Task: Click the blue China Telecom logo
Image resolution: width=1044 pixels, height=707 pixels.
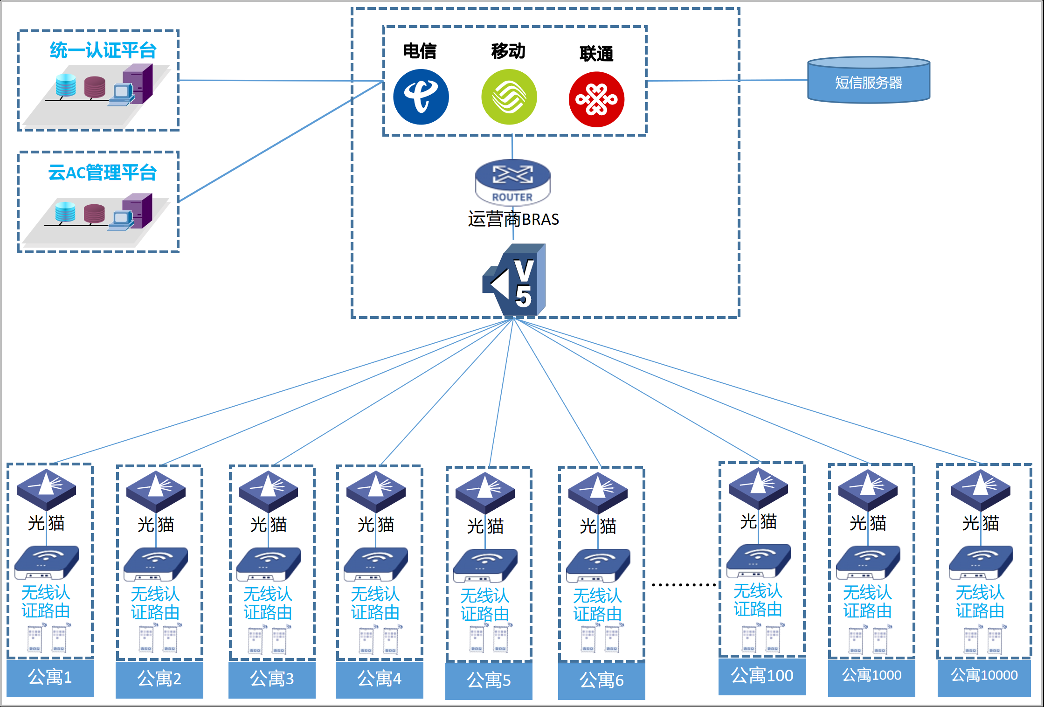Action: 421,97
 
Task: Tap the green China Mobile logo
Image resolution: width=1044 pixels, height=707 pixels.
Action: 509,97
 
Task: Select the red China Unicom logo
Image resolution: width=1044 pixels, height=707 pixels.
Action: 596,99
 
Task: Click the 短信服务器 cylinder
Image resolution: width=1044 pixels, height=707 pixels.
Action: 868,80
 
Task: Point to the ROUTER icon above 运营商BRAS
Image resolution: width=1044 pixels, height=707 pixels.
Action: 512,182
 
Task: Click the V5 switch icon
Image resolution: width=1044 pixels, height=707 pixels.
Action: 516,280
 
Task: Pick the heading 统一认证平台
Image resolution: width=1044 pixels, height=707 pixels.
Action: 103,50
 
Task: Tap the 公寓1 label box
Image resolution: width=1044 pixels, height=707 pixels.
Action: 50,677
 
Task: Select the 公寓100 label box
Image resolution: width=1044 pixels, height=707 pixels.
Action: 762,675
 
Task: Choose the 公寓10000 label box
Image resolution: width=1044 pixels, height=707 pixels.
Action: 984,675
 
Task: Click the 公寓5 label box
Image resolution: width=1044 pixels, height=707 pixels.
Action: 489,680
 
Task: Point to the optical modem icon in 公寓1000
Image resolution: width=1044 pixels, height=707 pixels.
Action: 868,490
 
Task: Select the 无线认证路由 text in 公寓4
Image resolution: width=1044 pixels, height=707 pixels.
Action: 375,603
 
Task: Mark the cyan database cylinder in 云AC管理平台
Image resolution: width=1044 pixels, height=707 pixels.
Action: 65,212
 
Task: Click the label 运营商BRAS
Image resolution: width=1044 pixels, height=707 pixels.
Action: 513,219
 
